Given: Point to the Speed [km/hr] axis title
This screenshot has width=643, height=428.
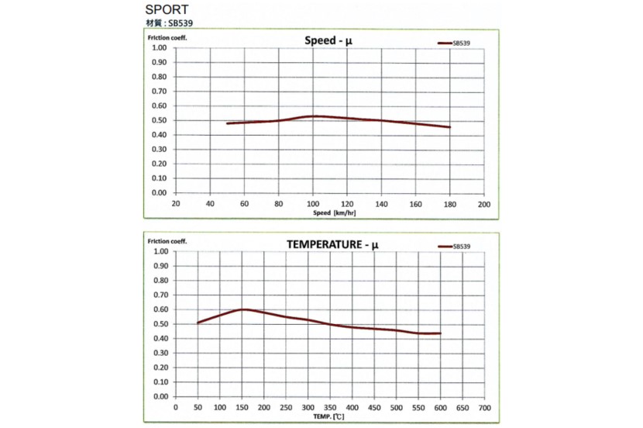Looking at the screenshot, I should click(x=334, y=212).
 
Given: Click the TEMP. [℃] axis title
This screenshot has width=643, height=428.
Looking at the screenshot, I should click(x=330, y=416).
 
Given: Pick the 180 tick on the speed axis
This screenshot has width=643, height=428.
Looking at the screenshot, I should click(x=449, y=204).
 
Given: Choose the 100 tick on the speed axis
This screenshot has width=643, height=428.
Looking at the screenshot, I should click(x=312, y=204).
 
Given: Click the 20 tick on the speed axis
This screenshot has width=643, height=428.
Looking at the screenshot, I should click(x=176, y=204).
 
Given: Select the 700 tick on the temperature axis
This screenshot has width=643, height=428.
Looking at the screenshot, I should click(x=485, y=407).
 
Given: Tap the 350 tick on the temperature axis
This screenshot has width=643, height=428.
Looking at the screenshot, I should click(x=330, y=407).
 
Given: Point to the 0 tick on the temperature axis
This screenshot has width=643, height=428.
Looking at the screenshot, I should click(x=176, y=407).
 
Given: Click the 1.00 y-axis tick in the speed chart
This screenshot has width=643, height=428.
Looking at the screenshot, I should click(x=160, y=47).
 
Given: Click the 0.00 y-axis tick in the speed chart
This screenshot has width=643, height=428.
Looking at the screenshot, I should click(x=160, y=192).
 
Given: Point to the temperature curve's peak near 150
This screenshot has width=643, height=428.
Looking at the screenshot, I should click(x=243, y=309).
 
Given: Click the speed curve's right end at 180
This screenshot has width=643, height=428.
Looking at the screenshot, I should click(x=449, y=127).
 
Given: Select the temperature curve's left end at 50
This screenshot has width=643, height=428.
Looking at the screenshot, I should click(x=198, y=323).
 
